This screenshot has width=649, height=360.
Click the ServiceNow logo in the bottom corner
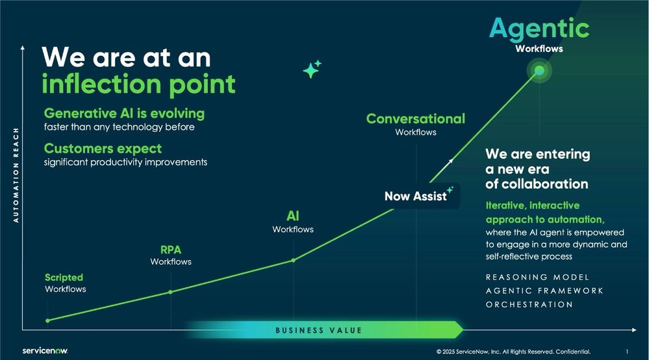[45, 350]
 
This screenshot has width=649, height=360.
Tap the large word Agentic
[539, 28]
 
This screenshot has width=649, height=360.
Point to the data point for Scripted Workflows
[47, 320]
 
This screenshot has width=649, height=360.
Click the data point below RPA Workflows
[170, 292]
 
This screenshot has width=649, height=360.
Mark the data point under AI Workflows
[293, 260]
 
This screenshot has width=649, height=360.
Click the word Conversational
[416, 118]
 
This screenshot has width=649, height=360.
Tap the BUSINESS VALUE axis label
[318, 330]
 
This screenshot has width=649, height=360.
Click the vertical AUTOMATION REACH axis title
[16, 175]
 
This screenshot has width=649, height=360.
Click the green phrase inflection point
[138, 84]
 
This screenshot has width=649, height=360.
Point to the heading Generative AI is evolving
[124, 113]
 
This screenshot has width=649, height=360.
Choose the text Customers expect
[103, 148]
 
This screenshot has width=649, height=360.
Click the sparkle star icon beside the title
[312, 70]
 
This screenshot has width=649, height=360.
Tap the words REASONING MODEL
[537, 277]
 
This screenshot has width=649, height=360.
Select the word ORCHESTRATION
[529, 304]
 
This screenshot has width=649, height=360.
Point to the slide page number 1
[627, 352]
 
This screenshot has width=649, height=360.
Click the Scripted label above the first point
[64, 277]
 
